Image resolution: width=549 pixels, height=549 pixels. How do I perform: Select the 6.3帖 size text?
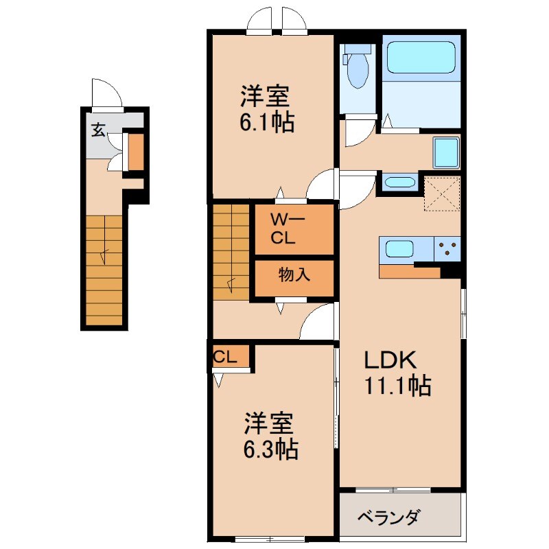(270, 449)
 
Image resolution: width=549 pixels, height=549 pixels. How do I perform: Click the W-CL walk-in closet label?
(283, 230)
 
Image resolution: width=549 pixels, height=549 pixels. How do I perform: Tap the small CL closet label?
(225, 357)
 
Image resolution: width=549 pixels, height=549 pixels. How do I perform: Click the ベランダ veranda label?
(388, 517)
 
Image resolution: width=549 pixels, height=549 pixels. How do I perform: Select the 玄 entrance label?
(99, 130)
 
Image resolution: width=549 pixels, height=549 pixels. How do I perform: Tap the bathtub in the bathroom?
(421, 58)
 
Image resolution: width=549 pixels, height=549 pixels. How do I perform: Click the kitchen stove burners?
(447, 248)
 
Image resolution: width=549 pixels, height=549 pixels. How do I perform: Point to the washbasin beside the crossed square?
(399, 183)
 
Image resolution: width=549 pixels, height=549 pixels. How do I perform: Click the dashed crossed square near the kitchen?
(441, 194)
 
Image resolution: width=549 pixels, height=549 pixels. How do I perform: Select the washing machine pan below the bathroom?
(446, 151)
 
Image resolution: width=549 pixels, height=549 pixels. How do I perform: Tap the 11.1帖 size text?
(398, 387)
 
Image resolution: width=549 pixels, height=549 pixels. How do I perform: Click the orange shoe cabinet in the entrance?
(136, 153)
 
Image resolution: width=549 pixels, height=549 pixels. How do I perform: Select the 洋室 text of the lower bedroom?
(268, 423)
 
